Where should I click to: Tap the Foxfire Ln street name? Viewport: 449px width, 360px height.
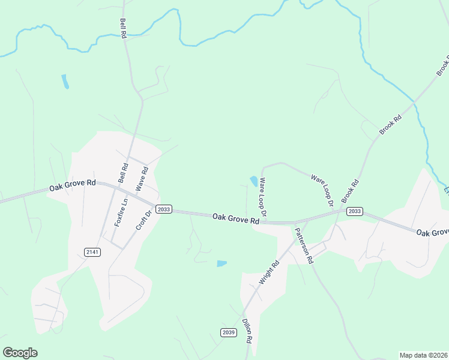pos(121,212)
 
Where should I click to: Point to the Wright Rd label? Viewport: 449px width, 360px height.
pos(269,272)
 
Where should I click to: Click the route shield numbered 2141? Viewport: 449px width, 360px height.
pos(92,252)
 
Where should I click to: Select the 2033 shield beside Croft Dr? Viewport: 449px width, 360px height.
pos(163,209)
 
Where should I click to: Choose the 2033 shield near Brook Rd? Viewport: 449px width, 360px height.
pos(354,211)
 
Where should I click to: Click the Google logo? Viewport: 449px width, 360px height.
pos(20,353)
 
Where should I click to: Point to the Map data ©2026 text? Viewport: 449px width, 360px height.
pos(423,355)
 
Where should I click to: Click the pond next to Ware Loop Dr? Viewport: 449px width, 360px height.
pos(254,181)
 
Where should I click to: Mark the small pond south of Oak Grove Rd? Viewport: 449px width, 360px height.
pos(221,263)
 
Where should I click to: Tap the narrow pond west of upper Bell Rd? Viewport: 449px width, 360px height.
pos(65,82)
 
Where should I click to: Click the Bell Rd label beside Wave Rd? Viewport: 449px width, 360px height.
pos(123,173)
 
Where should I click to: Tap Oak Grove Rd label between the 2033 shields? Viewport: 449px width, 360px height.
pos(236,220)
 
